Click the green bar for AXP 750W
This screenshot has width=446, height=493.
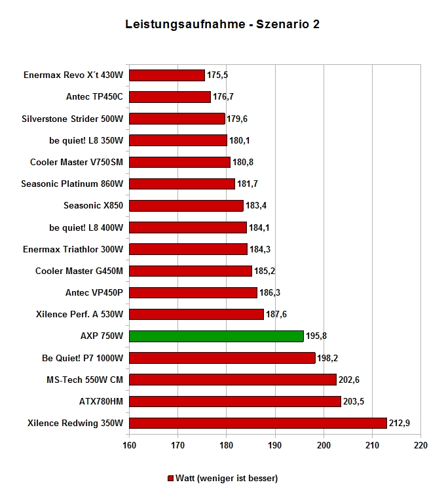(216, 336)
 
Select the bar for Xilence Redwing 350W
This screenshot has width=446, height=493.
(258, 424)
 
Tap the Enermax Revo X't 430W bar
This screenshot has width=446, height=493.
(167, 75)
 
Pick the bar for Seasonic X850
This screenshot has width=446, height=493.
(186, 206)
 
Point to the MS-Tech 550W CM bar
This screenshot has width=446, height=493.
(232, 380)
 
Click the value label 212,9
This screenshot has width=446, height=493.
(400, 424)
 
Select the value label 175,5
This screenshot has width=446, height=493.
(217, 75)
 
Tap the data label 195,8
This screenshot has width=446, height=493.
(316, 336)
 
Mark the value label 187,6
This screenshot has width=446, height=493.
(276, 315)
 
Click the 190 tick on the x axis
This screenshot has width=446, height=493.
(275, 446)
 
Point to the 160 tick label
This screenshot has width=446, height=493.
(130, 446)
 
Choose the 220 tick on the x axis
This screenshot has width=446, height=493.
(421, 446)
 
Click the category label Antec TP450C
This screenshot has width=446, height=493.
(94, 97)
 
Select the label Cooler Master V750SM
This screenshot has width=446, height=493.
(77, 162)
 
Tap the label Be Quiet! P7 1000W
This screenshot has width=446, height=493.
(83, 358)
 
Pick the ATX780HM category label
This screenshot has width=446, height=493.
(101, 401)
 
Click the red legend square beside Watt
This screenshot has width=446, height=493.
(170, 479)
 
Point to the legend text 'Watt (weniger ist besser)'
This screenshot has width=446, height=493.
(227, 479)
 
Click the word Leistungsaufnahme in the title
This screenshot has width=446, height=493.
(185, 24)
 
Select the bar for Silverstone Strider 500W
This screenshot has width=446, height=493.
(177, 119)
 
